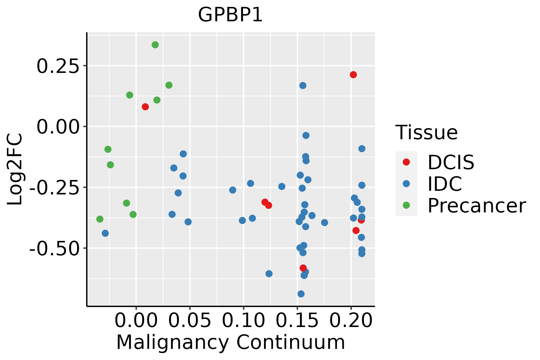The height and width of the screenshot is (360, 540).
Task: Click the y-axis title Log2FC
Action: tap(15, 169)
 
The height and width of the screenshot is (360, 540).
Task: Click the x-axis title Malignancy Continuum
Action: tap(230, 342)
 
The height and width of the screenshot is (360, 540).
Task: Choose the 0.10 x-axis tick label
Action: tap(243, 320)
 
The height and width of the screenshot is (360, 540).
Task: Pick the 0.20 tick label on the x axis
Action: tap(351, 320)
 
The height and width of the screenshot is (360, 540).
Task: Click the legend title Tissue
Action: tap(426, 132)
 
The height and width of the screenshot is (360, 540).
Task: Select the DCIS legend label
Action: tap(451, 162)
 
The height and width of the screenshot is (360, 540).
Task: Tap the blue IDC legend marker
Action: tap(406, 184)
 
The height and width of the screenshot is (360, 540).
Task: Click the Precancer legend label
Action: tap(476, 205)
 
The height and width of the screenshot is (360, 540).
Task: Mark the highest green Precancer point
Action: tap(155, 45)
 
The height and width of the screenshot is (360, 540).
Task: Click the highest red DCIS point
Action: tap(353, 75)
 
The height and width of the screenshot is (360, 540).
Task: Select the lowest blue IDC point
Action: tap(301, 294)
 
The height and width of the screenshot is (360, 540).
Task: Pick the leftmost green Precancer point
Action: tap(100, 219)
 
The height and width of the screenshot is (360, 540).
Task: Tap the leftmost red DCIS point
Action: tap(145, 107)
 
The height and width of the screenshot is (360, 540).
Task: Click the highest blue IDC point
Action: tap(303, 85)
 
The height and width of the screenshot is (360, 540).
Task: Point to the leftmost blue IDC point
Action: tap(105, 233)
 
